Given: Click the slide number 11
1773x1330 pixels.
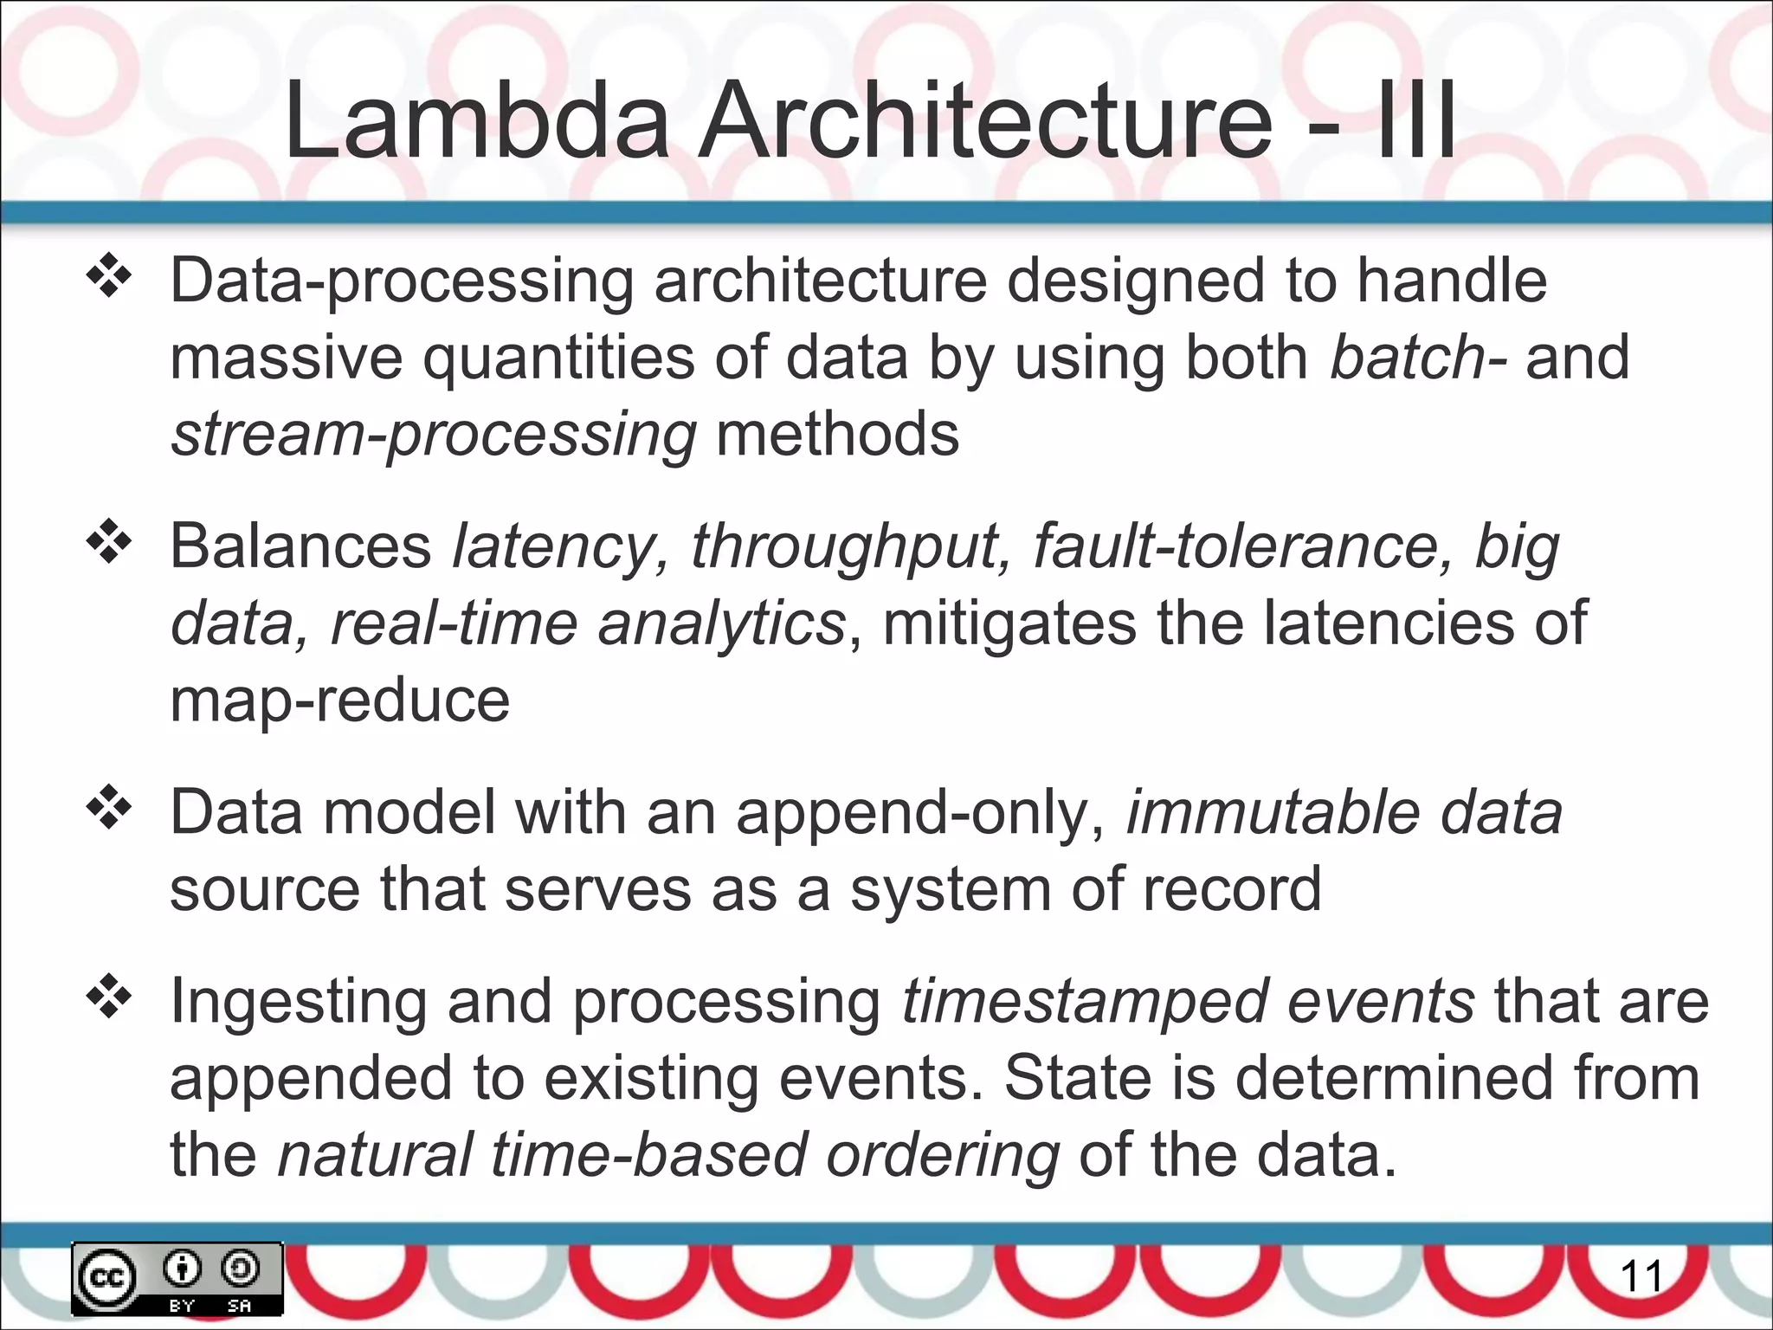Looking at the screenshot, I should click(1641, 1277).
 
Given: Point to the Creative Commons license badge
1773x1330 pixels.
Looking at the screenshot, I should click(177, 1279).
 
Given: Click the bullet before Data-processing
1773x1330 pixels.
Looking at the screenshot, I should click(108, 280).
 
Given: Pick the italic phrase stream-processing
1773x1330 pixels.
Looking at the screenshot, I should click(434, 434).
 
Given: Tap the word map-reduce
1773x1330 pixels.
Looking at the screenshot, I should click(339, 701).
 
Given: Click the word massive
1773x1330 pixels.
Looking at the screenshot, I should click(287, 357).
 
